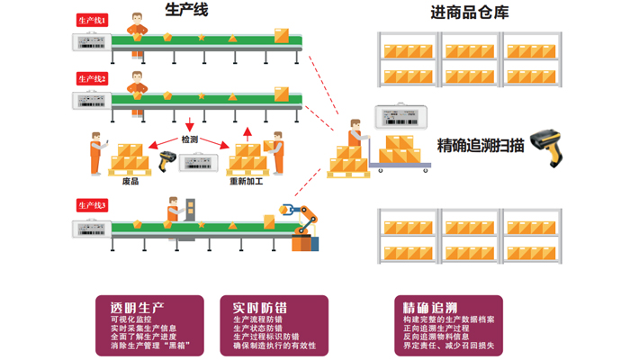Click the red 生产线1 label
[92, 19]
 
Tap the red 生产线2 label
[92, 79]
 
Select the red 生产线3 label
[92, 205]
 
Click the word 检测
[189, 139]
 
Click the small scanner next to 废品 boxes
[166, 161]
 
